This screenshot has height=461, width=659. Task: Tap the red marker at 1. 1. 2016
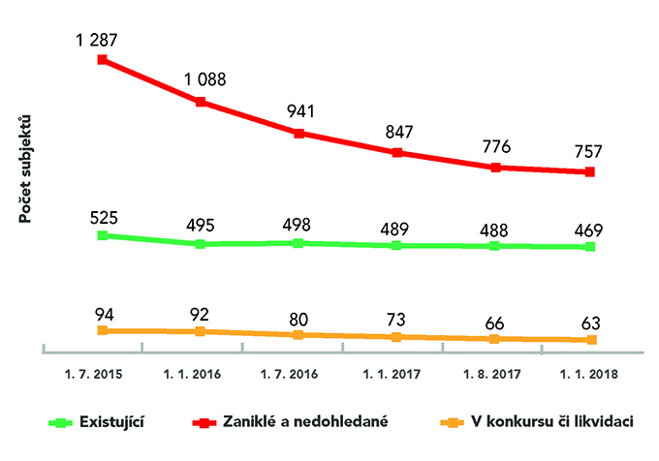[x=200, y=102]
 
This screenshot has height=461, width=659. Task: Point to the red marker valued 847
[x=396, y=152]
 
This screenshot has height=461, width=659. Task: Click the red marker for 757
[x=591, y=172]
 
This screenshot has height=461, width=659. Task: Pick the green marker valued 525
[x=102, y=235]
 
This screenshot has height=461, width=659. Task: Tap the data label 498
[x=298, y=226]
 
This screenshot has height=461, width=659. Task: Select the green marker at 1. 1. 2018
[x=591, y=247]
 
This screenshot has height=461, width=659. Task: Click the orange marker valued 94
[x=102, y=330]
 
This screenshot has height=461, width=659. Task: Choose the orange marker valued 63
[x=591, y=340]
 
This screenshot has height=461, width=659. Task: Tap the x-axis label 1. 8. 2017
[x=493, y=372]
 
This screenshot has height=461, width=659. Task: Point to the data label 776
[x=494, y=148]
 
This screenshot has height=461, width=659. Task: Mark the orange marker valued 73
[x=396, y=337]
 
